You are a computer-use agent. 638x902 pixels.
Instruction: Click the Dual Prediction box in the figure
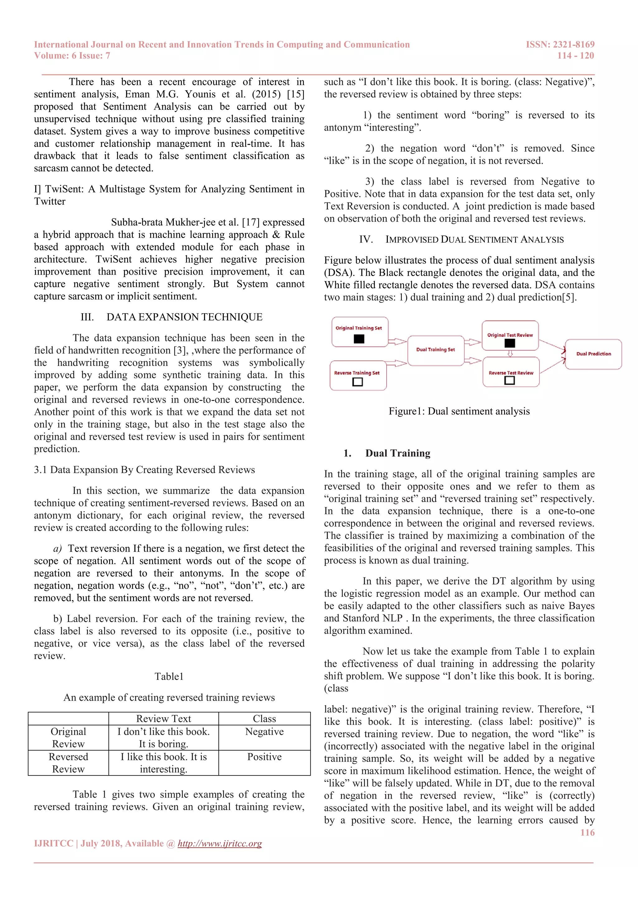click(593, 354)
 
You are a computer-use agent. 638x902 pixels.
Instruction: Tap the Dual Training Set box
click(436, 350)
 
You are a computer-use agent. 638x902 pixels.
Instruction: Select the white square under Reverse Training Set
click(358, 382)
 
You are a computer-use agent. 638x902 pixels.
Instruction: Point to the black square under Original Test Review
click(510, 343)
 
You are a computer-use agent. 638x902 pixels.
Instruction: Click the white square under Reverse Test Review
click(510, 380)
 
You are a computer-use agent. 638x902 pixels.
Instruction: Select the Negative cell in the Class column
click(264, 732)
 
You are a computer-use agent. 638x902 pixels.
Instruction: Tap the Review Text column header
click(164, 719)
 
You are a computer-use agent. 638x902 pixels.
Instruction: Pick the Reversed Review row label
click(68, 762)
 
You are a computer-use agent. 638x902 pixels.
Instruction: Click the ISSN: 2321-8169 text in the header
click(560, 45)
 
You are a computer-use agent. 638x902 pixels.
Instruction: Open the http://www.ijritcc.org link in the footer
click(220, 843)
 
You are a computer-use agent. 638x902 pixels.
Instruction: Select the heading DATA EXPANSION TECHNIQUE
click(184, 317)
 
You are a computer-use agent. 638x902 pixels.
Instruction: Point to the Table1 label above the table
click(169, 676)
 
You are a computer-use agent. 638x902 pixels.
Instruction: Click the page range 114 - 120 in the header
click(575, 55)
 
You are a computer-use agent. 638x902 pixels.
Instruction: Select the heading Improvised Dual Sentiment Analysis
click(474, 239)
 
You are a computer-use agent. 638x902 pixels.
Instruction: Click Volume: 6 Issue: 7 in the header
click(72, 55)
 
